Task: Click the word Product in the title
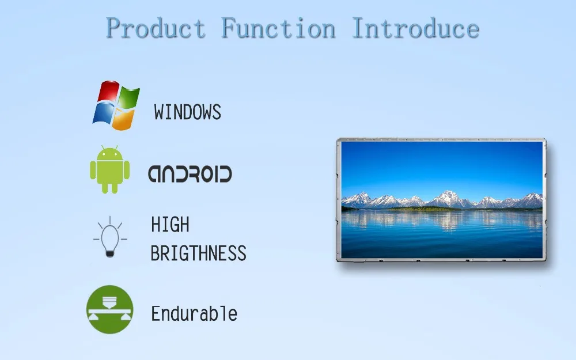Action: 156,28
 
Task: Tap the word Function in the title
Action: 278,28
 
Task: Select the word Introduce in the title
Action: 415,28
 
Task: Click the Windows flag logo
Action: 116,105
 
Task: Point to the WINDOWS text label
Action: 187,112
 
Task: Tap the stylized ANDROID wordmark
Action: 190,174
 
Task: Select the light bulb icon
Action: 110,237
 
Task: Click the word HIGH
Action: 170,225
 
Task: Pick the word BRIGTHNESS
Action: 198,253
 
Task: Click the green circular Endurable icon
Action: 109,309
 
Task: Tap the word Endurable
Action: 194,314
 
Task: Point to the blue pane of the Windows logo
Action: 102,114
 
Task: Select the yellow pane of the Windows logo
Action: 123,119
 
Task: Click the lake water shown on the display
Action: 442,233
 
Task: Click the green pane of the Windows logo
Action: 128,97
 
